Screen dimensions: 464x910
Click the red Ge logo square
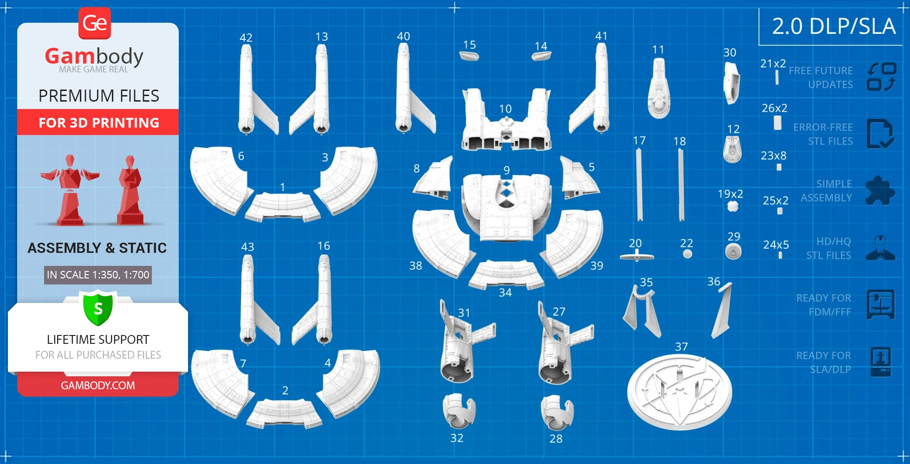point(95,23)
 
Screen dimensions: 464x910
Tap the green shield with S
point(98,308)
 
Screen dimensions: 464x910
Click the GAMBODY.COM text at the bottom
point(98,386)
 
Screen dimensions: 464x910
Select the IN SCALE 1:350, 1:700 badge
point(98,275)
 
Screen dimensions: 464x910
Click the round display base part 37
point(679,392)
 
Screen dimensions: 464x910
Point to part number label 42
point(246,38)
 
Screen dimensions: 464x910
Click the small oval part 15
point(469,56)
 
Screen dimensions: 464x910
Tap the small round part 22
point(688,254)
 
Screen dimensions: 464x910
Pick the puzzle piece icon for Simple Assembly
point(880,191)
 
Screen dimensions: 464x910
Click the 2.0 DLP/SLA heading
point(833,26)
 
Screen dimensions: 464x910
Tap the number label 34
point(505,293)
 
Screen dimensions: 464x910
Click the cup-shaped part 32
point(458,411)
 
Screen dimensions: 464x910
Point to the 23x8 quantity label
point(773,155)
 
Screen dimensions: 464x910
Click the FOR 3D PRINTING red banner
point(98,122)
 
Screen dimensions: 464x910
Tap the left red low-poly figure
point(70,190)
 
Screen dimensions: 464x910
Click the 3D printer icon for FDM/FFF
point(880,305)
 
